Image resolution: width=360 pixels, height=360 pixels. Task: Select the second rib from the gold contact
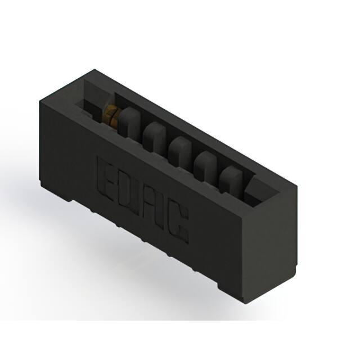click(x=154, y=137)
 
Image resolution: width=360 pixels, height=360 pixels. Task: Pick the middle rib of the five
click(x=179, y=151)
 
